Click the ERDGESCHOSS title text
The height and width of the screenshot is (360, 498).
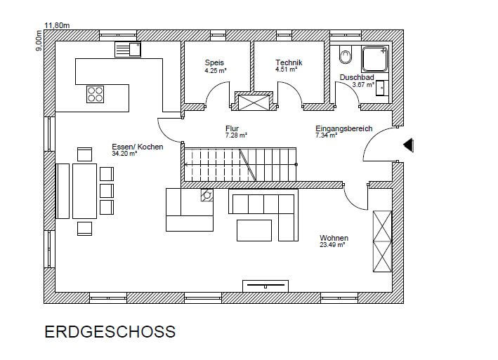pos(110,332)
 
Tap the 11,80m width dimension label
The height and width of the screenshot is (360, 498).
pos(57,25)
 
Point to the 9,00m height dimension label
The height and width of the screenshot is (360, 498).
pos(39,40)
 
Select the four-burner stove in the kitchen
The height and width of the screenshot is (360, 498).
pos(96,94)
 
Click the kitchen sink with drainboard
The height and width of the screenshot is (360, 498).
pos(128,49)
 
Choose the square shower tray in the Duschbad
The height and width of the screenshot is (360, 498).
pos(375,59)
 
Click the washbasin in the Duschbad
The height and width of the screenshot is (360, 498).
pos(382,88)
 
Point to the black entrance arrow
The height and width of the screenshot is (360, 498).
pos(408,145)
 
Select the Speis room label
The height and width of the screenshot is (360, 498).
pos(214,62)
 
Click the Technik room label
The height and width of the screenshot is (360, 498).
pos(289,62)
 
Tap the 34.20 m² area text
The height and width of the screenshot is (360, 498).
pos(124,154)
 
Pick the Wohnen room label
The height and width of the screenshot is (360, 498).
pos(334,238)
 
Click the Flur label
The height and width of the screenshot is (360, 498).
pos(232,128)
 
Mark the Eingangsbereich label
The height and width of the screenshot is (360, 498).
pos(343,128)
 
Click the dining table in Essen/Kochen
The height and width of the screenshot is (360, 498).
pos(84,191)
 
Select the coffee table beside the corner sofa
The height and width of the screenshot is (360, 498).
pos(254,231)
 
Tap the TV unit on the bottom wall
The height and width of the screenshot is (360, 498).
pos(266,286)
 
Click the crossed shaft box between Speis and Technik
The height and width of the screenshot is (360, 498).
pos(254,102)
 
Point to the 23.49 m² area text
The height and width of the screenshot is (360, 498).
pos(332,245)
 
